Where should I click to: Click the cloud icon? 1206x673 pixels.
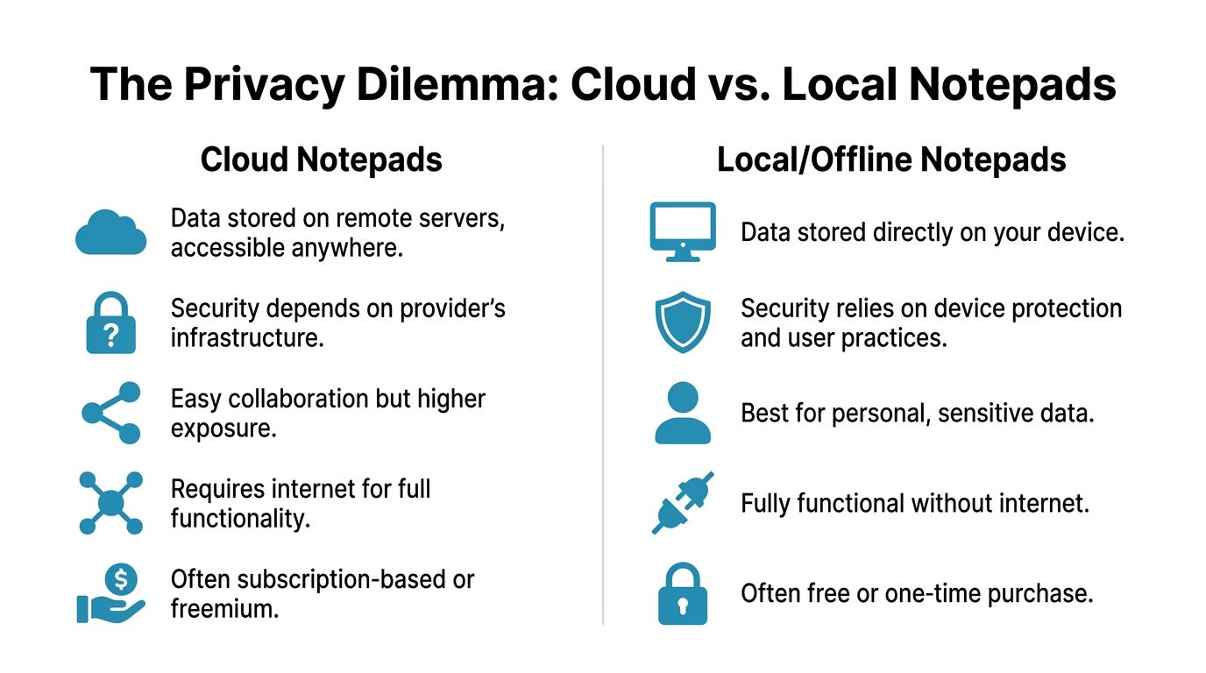click(111, 232)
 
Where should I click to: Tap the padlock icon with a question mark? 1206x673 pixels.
click(111, 323)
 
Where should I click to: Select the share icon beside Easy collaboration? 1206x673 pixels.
click(111, 413)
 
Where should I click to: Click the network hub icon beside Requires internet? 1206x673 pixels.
click(111, 503)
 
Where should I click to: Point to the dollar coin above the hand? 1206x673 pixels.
click(121, 579)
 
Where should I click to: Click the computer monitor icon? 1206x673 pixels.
click(683, 232)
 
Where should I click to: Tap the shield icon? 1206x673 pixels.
click(683, 322)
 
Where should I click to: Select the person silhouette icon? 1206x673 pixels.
click(683, 413)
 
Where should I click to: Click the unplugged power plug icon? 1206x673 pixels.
click(683, 503)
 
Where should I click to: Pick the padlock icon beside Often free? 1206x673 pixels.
click(683, 594)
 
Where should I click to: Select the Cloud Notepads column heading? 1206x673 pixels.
click(322, 159)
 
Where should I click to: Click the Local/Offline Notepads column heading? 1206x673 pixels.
click(891, 159)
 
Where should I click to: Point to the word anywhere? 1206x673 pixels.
click(347, 249)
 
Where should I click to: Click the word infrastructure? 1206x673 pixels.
click(248, 338)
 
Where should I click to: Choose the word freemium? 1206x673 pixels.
click(225, 609)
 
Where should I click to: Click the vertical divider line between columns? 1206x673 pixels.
click(603, 385)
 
